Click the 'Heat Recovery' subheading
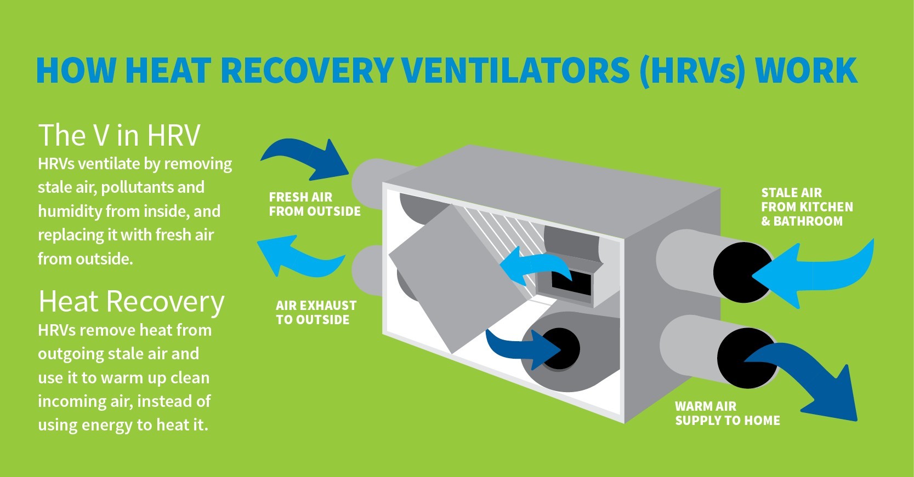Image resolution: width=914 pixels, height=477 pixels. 132,302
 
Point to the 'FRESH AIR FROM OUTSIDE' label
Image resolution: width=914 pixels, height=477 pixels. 315,204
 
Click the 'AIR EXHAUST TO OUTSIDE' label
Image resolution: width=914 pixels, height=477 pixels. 316,312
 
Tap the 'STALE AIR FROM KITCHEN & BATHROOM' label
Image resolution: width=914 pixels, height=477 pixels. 807,206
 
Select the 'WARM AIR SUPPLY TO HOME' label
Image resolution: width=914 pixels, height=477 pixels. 727,413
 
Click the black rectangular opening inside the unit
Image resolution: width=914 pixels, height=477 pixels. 571,282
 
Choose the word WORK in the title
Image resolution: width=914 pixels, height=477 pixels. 806,70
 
